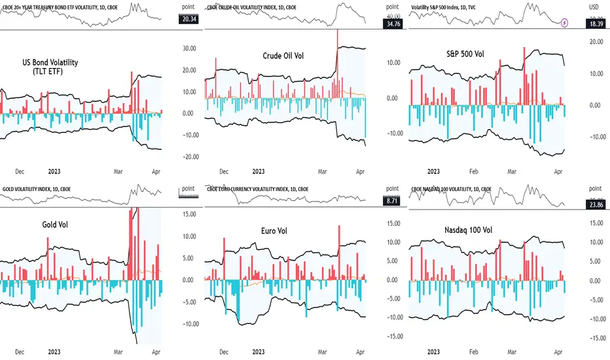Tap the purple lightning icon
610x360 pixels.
564,22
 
